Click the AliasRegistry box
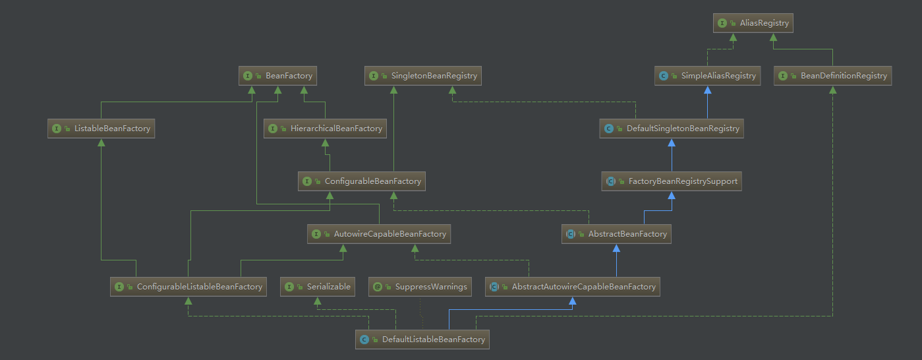tap(753, 23)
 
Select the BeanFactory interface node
tap(278, 76)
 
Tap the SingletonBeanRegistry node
tap(423, 76)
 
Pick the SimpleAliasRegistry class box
tap(708, 76)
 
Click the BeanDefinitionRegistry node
tap(832, 76)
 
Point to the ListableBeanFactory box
tap(101, 129)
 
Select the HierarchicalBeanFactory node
tap(325, 129)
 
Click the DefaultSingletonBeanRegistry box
tap(672, 129)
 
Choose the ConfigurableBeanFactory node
tap(362, 181)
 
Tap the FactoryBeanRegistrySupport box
tap(672, 181)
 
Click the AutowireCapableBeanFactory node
tap(379, 234)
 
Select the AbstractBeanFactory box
tap(617, 234)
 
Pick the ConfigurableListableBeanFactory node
tap(188, 287)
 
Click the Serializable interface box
tap(318, 287)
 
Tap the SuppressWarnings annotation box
tap(420, 287)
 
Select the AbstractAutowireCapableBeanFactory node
tap(573, 287)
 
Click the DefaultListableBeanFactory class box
tap(422, 340)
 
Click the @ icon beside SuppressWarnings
tap(378, 287)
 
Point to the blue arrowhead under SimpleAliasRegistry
tap(708, 90)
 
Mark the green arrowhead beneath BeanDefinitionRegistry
tap(832, 90)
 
